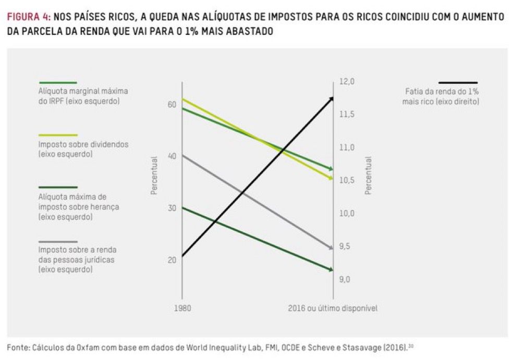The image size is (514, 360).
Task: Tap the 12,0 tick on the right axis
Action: tap(348, 82)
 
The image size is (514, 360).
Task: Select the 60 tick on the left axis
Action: tap(172, 105)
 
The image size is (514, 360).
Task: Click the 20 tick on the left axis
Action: tap(172, 259)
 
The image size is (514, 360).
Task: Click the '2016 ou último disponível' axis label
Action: tap(332, 308)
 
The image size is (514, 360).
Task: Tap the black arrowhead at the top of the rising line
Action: tap(332, 98)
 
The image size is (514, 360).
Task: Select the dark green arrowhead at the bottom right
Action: tap(331, 269)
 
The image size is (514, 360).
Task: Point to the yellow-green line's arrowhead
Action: tap(331, 178)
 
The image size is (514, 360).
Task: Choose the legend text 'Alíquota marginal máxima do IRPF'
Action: tap(83, 96)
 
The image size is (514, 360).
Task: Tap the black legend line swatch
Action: tap(458, 82)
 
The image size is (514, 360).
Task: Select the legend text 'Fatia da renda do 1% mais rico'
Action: tap(441, 96)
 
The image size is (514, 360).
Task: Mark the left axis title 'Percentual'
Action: tap(154, 176)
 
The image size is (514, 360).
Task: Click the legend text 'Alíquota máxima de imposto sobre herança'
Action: tap(79, 207)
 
